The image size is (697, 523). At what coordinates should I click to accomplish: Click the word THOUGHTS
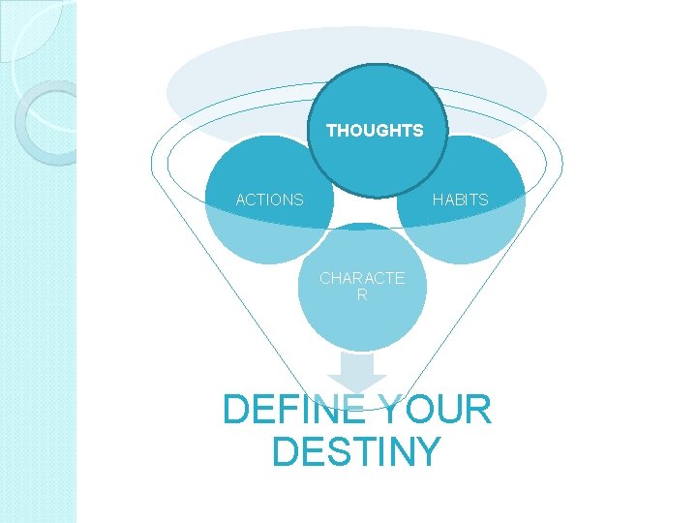point(375,130)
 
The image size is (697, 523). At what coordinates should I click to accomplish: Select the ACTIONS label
point(270,200)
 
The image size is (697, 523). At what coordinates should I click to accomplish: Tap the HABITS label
point(461,200)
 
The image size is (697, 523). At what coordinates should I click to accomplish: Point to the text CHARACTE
point(362,279)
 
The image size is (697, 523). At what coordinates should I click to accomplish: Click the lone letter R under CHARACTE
point(362,295)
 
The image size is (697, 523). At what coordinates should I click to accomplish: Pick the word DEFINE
point(293,411)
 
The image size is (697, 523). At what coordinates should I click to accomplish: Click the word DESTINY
point(356,452)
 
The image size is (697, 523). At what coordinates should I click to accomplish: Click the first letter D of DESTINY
point(286,452)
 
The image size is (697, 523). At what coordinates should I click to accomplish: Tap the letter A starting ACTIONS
point(242,200)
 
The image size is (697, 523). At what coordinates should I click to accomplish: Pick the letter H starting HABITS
point(438,200)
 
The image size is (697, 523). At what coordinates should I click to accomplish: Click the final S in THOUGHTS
point(418,130)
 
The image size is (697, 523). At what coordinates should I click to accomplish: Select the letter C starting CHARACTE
point(326,279)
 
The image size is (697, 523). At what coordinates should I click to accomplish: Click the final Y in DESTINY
point(427,452)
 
